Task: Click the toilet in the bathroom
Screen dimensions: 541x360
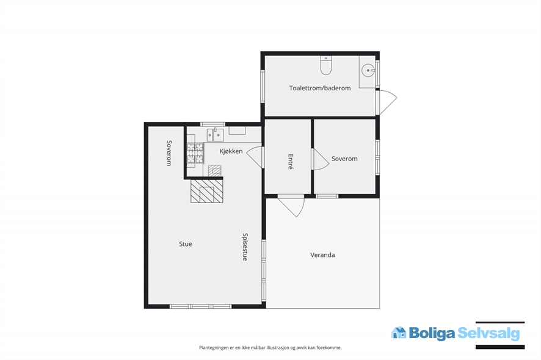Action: [x=325, y=65]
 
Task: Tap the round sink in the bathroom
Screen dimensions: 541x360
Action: [x=368, y=71]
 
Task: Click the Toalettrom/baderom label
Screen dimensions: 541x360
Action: [x=320, y=88]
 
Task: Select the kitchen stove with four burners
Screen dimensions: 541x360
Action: [x=195, y=153]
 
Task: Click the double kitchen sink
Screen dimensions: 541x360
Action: [x=216, y=134]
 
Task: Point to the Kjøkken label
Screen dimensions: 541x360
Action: [x=231, y=151]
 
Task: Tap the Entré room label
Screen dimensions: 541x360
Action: [x=291, y=162]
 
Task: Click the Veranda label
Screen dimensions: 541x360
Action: [x=322, y=255]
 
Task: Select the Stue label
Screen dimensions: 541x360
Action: [x=185, y=244]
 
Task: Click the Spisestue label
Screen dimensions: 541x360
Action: [x=245, y=247]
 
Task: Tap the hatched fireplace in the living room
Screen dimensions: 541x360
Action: [x=206, y=191]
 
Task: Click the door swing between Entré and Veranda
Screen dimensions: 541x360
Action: [x=291, y=207]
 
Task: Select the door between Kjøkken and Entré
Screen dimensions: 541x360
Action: [x=255, y=157]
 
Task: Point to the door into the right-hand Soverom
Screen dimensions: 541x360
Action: [x=320, y=159]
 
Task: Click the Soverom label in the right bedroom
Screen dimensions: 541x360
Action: [x=344, y=159]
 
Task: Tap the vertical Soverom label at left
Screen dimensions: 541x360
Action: [x=169, y=153]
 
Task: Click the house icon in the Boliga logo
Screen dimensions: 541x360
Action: [x=399, y=333]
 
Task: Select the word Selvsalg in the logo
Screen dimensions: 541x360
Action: [x=488, y=333]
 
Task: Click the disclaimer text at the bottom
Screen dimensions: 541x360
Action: [x=270, y=348]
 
